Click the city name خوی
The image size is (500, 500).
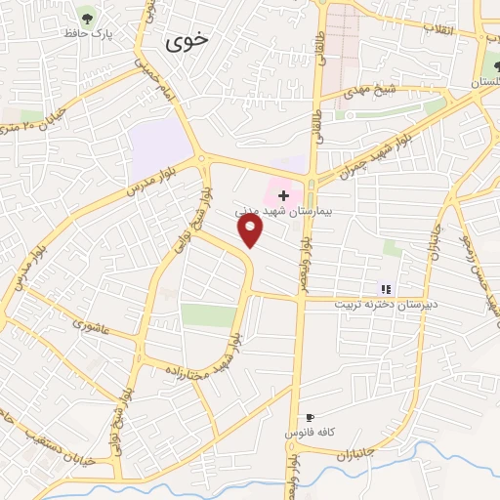click(187, 43)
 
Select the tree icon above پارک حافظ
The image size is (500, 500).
click(88, 17)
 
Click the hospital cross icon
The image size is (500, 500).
click(283, 195)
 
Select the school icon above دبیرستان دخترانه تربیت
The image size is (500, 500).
click(386, 289)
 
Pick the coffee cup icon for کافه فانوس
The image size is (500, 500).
click(310, 417)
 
